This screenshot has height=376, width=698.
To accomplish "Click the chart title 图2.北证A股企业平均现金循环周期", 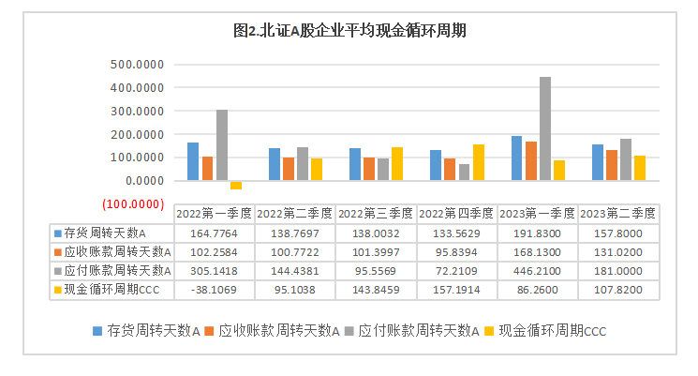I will (x=349, y=30).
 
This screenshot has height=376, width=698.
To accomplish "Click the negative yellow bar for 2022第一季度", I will (x=236, y=185).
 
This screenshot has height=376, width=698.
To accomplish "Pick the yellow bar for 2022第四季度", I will (x=479, y=162).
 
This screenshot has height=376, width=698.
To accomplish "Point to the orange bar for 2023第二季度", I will (x=612, y=165).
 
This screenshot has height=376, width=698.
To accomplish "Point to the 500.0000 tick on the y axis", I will (x=138, y=65).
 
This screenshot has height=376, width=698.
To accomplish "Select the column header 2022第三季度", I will (x=376, y=213).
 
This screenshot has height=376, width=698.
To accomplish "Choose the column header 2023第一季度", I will (x=538, y=213).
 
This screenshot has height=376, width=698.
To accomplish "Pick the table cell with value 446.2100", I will (x=538, y=270).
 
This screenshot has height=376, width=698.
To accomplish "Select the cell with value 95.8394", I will (x=457, y=251).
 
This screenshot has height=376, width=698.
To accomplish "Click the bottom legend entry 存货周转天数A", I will (x=154, y=330).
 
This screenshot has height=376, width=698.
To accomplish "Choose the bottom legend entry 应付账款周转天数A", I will (x=414, y=330).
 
